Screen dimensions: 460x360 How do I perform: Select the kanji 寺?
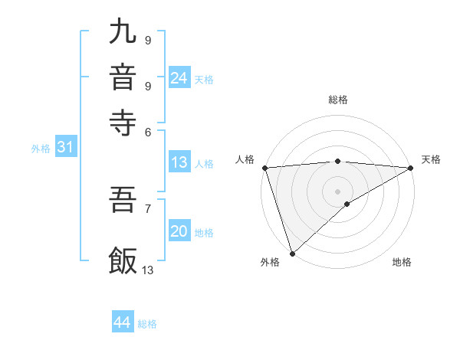pyautogui.click(x=123, y=122)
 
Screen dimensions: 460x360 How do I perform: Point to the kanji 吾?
pyautogui.click(x=123, y=201)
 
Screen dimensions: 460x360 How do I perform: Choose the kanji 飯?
pyautogui.click(x=123, y=260)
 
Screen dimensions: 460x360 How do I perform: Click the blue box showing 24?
pyautogui.click(x=179, y=77)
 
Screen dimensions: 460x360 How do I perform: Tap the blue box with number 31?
pyautogui.click(x=64, y=147)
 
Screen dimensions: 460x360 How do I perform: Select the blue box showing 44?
pyautogui.click(x=122, y=322)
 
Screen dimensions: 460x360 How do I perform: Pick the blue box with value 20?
pyautogui.click(x=179, y=231)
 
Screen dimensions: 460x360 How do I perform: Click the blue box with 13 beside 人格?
pyautogui.click(x=179, y=162)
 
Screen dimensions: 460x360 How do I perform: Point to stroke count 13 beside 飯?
pyautogui.click(x=148, y=270)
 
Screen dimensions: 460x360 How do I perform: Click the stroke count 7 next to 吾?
pyautogui.click(x=147, y=208)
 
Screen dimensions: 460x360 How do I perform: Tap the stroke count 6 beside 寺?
pyautogui.click(x=147, y=131)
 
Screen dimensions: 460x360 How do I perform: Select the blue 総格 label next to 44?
pyautogui.click(x=147, y=324)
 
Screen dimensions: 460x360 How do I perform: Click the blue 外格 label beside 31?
pyautogui.click(x=41, y=149)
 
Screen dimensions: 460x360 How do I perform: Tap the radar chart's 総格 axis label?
pyautogui.click(x=338, y=100)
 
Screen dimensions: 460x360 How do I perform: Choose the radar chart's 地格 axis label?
pyautogui.click(x=402, y=263)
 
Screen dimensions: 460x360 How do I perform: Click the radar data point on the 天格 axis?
pyautogui.click(x=411, y=168)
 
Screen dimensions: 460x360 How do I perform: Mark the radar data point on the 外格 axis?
pyautogui.click(x=292, y=253)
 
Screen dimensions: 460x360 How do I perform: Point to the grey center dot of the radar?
pyautogui.click(x=337, y=191)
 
